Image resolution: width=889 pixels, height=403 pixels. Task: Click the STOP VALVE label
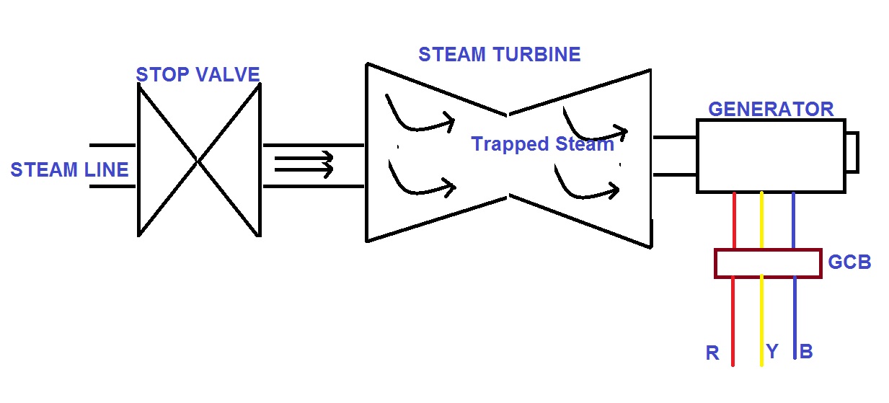198,74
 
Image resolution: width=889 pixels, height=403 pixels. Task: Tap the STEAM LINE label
69,170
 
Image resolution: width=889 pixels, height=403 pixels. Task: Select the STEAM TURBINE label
499,54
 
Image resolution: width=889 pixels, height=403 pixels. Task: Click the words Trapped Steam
542,144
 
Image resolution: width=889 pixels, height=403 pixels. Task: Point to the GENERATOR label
771,109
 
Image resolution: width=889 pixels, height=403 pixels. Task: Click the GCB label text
849,262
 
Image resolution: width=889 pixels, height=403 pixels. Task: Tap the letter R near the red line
712,354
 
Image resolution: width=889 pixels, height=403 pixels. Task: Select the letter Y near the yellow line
772,352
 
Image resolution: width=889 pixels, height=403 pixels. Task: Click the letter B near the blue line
806,353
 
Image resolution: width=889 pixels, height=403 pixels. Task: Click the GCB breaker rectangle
767,263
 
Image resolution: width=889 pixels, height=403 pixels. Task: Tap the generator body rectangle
770,156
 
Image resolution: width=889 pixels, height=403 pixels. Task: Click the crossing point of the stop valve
198,160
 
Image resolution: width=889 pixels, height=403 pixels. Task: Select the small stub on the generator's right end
851,153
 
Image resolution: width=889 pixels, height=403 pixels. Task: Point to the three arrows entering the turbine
305,164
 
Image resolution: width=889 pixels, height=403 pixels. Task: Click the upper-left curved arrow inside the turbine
420,115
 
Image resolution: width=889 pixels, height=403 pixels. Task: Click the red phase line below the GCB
733,321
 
